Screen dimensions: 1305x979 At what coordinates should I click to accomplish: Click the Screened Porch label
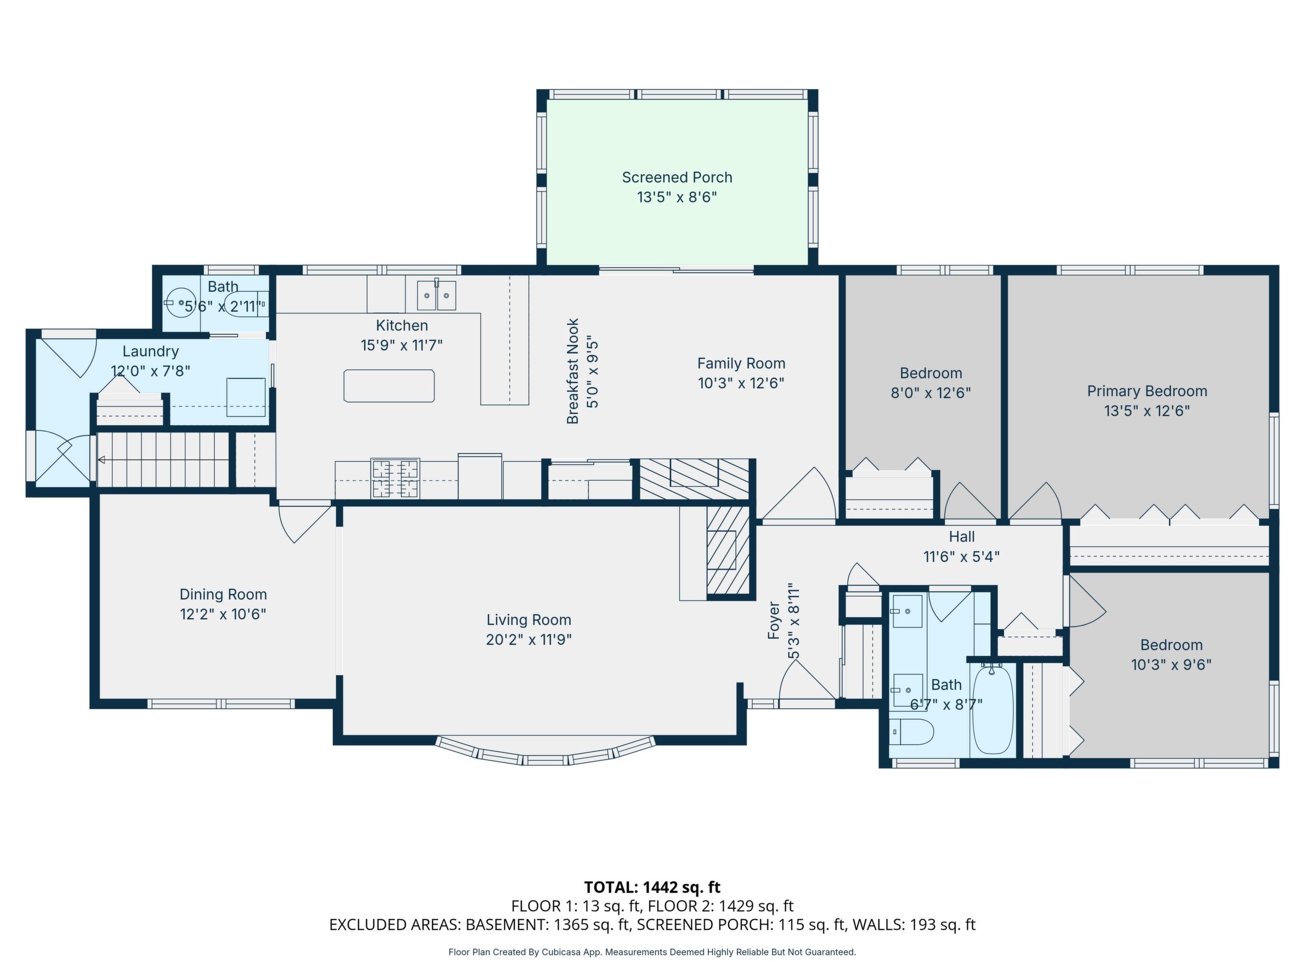click(677, 177)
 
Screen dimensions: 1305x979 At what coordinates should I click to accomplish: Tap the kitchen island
click(389, 386)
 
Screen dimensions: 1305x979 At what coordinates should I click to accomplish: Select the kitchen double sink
click(437, 295)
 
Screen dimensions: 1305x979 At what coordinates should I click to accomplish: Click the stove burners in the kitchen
click(395, 477)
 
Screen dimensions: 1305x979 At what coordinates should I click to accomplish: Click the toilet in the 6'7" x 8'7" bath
click(911, 732)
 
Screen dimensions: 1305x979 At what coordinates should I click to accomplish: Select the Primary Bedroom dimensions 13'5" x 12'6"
click(1147, 411)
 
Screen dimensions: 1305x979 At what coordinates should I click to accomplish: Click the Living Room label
click(529, 620)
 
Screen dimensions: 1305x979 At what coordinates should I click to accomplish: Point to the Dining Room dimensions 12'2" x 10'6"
click(223, 614)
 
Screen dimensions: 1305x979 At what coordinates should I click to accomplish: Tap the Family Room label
click(741, 363)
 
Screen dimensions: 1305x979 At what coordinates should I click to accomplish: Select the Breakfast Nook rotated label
click(573, 371)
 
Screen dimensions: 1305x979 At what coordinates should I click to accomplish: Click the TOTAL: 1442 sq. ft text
click(652, 887)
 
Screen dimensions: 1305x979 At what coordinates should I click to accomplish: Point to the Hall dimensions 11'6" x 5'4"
click(961, 556)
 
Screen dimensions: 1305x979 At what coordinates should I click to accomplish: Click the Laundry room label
click(151, 352)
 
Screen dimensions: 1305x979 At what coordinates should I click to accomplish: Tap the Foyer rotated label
click(773, 620)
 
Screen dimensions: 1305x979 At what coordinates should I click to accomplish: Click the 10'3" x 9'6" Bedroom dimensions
click(1171, 665)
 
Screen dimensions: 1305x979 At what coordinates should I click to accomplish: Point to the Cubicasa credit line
click(652, 952)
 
